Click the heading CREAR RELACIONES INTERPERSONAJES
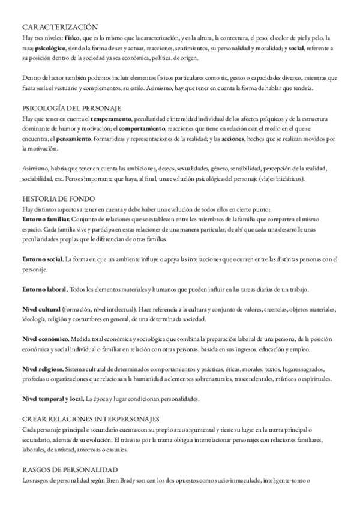pos(91,418)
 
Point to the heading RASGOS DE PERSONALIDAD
pos(70,469)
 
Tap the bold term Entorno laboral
pos(44,290)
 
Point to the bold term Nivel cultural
pos(43,310)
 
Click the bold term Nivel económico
pos(46,339)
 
